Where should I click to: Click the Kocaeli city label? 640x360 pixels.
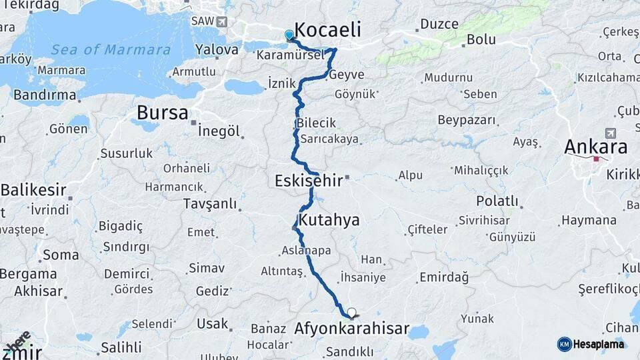[327, 29]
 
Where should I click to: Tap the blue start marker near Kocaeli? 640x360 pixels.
[289, 35]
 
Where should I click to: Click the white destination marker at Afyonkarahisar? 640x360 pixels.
[351, 312]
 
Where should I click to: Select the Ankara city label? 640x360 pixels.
[596, 146]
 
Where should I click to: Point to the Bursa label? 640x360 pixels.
[162, 113]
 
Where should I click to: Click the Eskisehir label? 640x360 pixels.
[308, 180]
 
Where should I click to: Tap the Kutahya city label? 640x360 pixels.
[329, 219]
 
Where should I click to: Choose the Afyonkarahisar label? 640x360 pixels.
[351, 329]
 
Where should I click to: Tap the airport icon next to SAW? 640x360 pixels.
[221, 22]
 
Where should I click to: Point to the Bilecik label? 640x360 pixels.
[317, 123]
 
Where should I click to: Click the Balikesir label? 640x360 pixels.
[33, 190]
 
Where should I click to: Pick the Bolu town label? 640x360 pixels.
[481, 39]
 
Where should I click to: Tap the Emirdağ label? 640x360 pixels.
[444, 277]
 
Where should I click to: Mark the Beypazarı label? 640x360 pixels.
[467, 120]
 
